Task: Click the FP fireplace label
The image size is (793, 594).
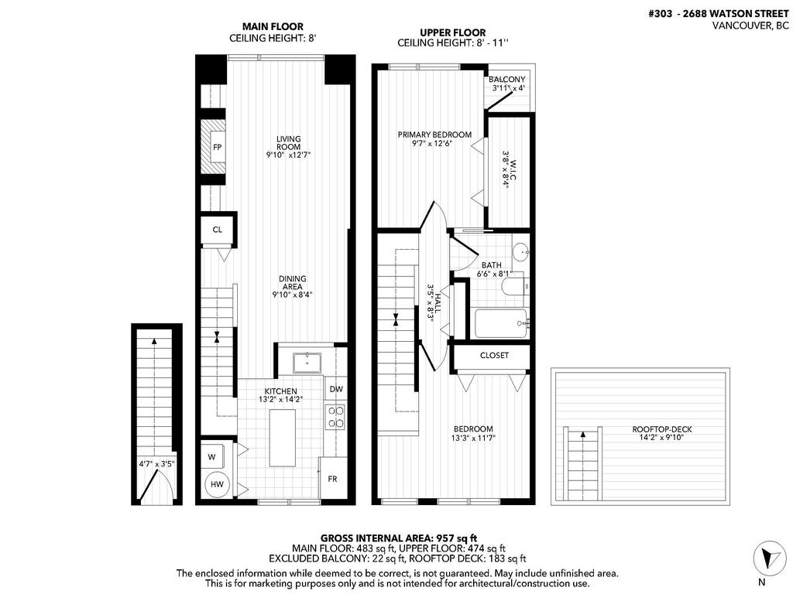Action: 218,147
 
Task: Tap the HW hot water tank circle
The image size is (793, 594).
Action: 218,485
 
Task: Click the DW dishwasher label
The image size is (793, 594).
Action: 335,389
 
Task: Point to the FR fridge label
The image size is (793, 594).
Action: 332,480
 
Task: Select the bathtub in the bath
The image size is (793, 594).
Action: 501,323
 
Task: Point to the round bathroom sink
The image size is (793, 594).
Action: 521,251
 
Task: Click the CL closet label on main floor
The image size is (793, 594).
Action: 218,230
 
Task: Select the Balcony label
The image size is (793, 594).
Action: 508,80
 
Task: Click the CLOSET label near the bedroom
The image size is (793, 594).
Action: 494,356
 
